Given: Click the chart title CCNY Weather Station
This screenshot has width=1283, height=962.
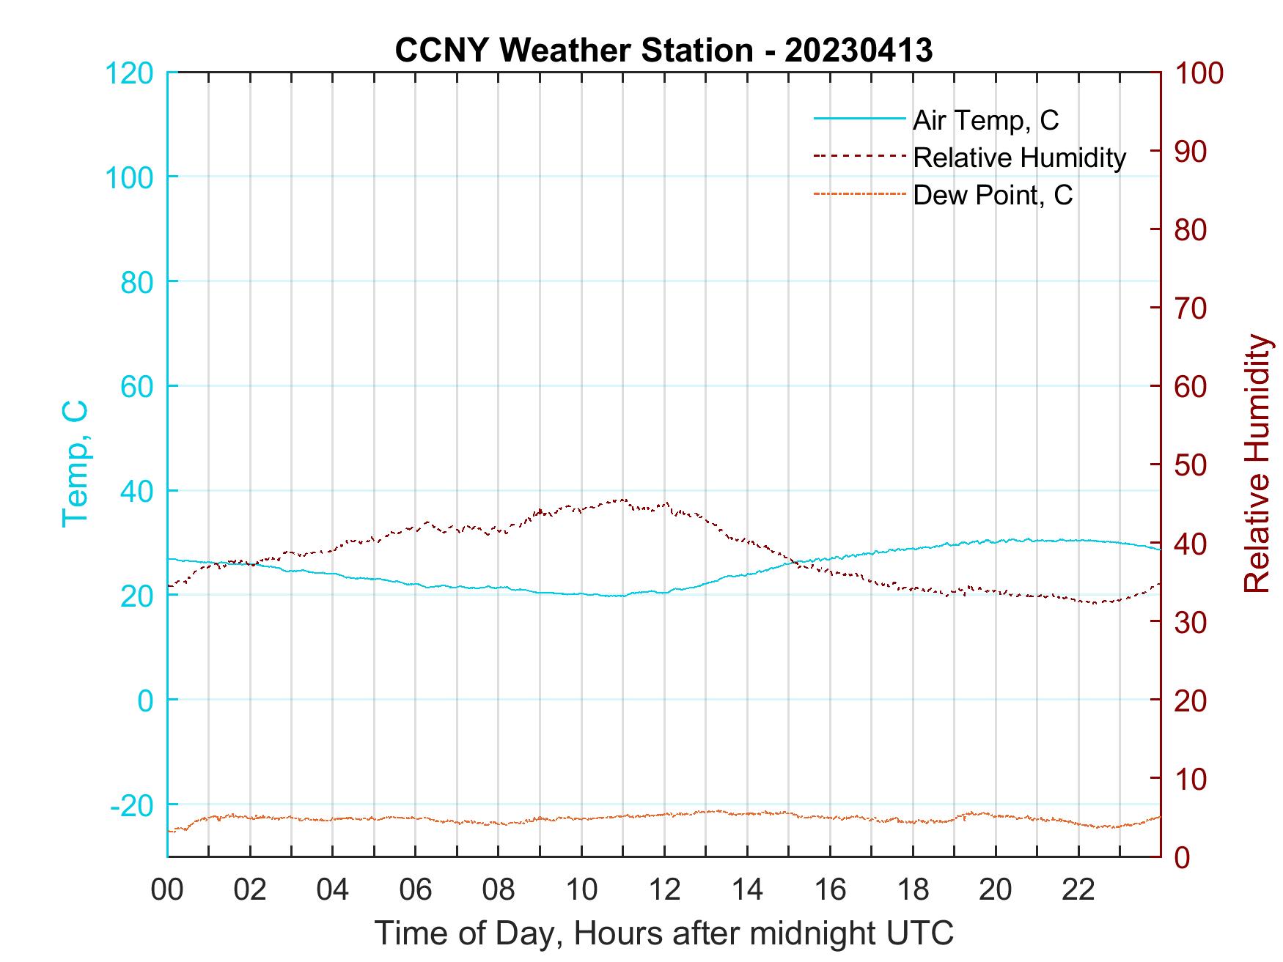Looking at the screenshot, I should click(573, 50).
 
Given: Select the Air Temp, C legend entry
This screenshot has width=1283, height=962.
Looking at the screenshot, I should click(985, 119).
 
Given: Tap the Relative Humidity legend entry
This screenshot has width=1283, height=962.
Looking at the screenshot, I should click(1019, 157).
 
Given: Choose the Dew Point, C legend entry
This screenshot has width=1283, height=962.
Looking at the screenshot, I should click(993, 195).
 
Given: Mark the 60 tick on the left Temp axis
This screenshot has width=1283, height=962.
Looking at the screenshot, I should click(136, 386).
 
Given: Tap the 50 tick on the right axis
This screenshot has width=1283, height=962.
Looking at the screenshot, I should click(1191, 465).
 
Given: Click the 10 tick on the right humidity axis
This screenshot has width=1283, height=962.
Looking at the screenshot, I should click(1191, 779).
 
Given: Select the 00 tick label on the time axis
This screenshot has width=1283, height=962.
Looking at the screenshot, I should click(167, 889).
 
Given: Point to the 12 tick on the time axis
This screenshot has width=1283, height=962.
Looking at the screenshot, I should click(664, 889).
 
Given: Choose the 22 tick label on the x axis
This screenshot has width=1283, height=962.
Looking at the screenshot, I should click(1078, 889).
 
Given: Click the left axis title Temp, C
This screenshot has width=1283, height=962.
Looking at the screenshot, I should click(75, 463).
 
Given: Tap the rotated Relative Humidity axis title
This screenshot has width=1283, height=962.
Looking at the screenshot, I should click(1257, 463).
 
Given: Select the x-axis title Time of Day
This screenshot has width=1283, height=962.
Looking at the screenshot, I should click(664, 933).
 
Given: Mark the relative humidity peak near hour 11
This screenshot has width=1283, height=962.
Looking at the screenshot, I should click(623, 500).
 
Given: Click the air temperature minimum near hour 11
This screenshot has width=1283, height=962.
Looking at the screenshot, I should click(622, 596).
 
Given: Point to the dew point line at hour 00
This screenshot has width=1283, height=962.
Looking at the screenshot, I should click(169, 831).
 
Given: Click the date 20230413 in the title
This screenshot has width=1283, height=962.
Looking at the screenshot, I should click(858, 50).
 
